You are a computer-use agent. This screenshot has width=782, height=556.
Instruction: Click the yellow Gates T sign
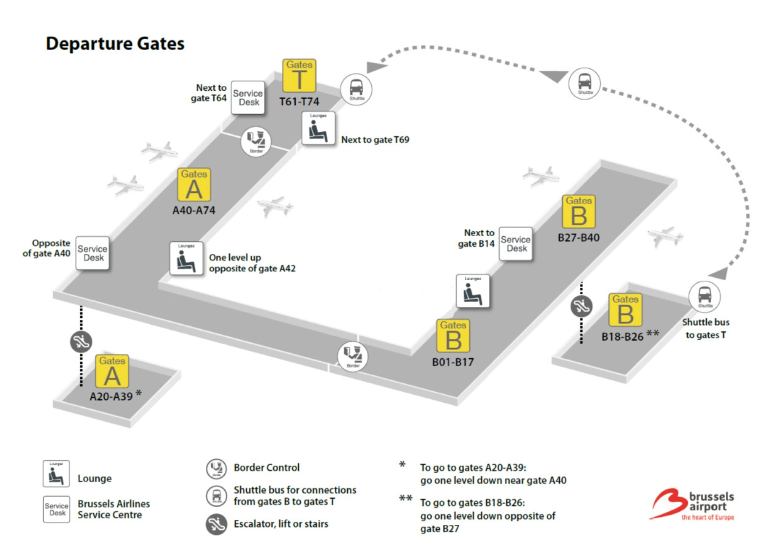[x=299, y=75]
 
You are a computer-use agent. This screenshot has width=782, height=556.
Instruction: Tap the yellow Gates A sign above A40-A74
[x=194, y=185]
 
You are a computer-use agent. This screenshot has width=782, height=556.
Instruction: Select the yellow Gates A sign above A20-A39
[x=112, y=371]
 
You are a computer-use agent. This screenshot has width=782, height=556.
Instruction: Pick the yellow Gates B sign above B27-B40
[x=579, y=211]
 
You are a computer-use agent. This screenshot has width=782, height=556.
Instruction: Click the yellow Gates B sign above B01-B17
[x=453, y=336]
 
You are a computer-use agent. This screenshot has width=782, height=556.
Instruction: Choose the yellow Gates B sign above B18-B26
[x=625, y=309]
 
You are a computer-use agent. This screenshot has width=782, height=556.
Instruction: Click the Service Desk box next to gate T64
[x=248, y=98]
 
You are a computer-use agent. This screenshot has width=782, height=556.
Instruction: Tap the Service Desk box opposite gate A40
[x=92, y=253]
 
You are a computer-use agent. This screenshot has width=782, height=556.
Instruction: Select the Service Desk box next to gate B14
[x=516, y=244]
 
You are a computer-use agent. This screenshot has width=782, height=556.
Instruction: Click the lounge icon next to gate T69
[x=318, y=128]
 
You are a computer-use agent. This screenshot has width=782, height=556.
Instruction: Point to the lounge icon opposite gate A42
[x=186, y=258]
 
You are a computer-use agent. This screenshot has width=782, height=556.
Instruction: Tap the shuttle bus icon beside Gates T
[x=356, y=89]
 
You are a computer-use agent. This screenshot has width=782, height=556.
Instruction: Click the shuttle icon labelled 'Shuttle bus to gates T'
[x=704, y=296]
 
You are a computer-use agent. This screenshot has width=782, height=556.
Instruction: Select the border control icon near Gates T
[x=256, y=142]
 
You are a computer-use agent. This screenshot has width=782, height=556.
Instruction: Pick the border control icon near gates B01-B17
[x=353, y=356]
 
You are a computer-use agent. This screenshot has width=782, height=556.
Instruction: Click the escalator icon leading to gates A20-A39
[x=81, y=342]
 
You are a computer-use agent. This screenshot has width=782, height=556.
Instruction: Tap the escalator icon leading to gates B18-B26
[x=581, y=307]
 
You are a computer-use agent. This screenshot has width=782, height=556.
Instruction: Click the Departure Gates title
[x=115, y=43]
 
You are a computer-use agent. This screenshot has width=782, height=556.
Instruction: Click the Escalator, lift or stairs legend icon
[x=216, y=524]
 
